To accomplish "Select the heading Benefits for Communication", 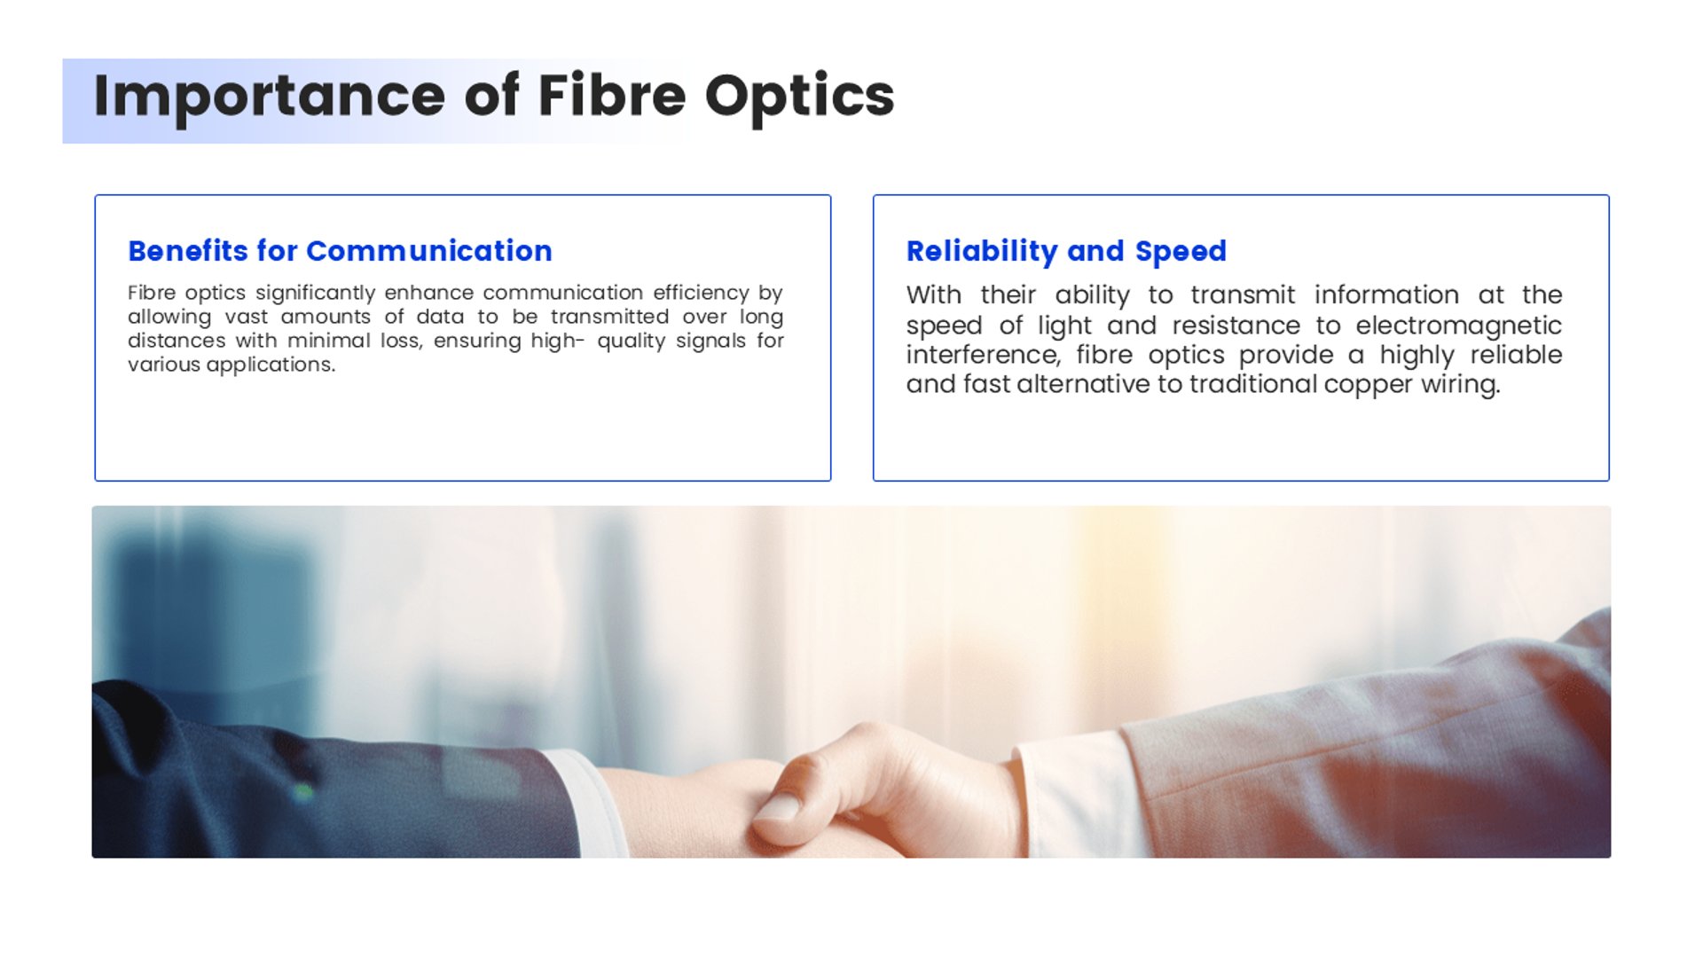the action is (x=340, y=251).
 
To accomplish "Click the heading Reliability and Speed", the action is (x=1066, y=252).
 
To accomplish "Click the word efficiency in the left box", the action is (x=701, y=294).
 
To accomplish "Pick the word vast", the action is (x=246, y=317).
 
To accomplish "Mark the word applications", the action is (x=271, y=365).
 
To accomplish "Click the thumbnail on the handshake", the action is (x=778, y=806).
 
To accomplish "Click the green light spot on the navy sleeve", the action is (x=303, y=792).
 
